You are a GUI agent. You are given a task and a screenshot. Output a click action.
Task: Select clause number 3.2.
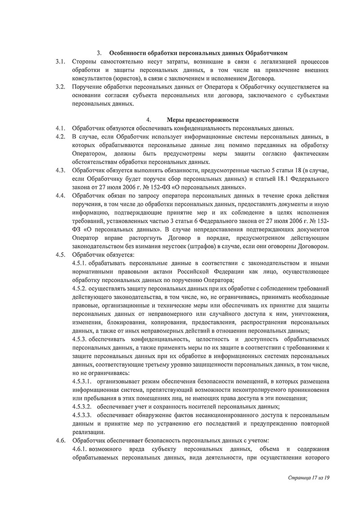pyautogui.click(x=61, y=87)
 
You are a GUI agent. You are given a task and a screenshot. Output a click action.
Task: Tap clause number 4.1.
pyautogui.click(x=61, y=128)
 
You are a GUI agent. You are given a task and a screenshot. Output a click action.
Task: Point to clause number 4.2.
pyautogui.click(x=61, y=136)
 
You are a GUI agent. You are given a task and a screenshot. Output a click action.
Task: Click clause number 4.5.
pyautogui.click(x=61, y=254)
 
